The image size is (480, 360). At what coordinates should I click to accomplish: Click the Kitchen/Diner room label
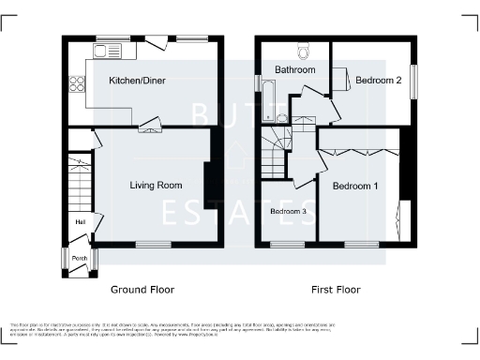[139, 82]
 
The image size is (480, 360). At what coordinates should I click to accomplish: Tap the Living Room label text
[156, 185]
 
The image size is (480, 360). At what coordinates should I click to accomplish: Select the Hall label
[82, 221]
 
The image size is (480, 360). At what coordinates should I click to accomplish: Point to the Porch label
[80, 259]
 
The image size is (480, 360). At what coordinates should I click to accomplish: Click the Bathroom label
[294, 70]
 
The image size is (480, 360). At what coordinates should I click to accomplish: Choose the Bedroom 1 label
[355, 186]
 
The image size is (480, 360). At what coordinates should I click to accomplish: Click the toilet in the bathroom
[303, 49]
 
